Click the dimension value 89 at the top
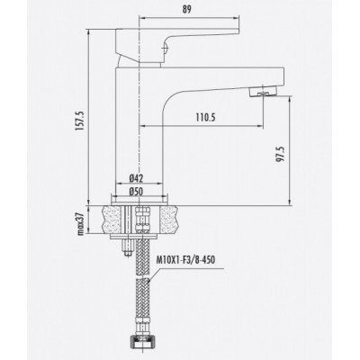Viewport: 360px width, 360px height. [x=186, y=9]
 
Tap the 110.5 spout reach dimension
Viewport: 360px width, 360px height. [x=206, y=117]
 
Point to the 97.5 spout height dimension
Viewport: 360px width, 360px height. [x=280, y=155]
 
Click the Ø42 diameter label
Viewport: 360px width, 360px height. [x=136, y=179]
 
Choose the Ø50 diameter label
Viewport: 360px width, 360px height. [x=136, y=192]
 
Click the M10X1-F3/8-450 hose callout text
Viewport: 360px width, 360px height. [x=185, y=260]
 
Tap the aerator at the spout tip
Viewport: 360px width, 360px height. [x=262, y=92]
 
